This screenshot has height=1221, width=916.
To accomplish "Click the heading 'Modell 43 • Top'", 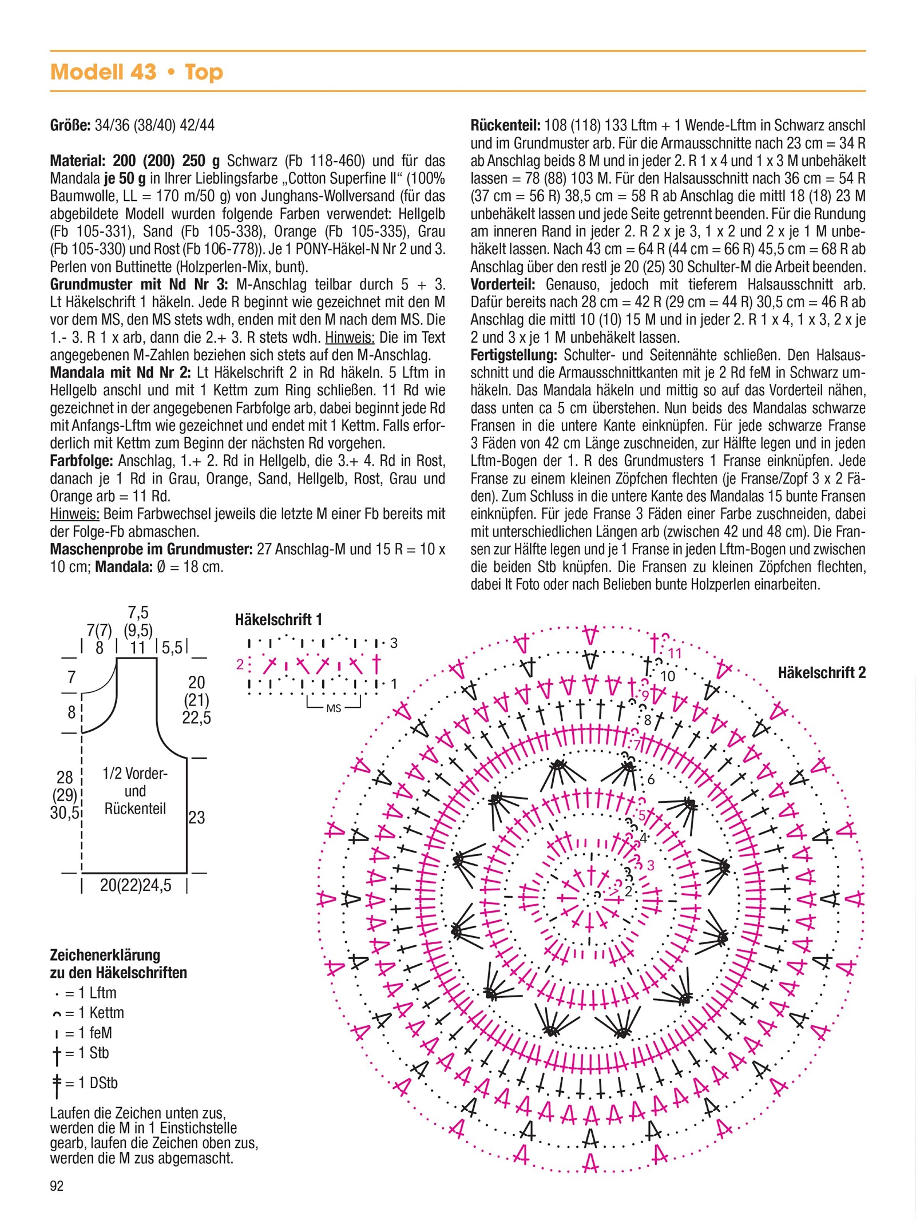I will [x=136, y=72].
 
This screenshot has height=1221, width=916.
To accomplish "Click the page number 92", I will [x=57, y=1186].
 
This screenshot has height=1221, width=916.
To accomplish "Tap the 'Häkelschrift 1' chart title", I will [x=279, y=619].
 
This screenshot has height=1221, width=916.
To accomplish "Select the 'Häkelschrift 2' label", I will [x=821, y=672].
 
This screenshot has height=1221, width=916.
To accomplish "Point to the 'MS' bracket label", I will [x=333, y=708].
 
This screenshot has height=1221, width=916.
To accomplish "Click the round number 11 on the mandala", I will [x=675, y=653].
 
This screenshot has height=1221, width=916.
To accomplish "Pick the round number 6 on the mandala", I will [x=651, y=779].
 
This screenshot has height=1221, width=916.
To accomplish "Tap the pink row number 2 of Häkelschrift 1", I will [x=240, y=664].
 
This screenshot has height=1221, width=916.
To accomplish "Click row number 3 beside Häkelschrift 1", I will [x=394, y=643].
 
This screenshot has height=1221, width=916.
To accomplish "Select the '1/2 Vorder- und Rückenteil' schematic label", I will [x=135, y=791].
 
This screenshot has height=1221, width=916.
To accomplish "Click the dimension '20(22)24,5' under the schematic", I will [x=136, y=885].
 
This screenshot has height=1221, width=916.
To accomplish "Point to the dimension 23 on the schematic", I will [x=196, y=818].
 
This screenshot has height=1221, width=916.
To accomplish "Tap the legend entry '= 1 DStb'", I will [x=86, y=1083].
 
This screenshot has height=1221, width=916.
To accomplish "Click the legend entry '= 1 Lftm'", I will [x=86, y=993].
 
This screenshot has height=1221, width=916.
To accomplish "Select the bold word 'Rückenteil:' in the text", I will [x=505, y=125].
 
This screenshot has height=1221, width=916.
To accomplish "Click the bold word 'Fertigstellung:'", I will [x=514, y=355].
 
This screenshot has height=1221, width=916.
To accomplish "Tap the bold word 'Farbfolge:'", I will [x=81, y=461].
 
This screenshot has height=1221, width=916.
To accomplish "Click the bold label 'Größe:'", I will [x=70, y=125].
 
